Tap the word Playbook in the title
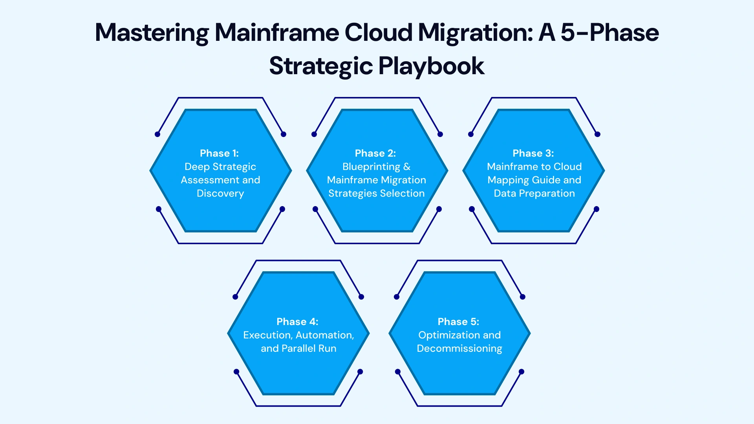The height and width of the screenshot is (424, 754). [431, 66]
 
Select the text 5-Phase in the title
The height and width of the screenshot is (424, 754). [610, 33]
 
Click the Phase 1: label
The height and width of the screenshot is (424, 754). [219, 153]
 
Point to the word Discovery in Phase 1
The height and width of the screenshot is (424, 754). [220, 194]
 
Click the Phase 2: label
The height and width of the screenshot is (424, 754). [375, 153]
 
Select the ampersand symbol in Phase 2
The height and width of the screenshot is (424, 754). [407, 167]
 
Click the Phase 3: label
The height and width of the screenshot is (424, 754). [533, 153]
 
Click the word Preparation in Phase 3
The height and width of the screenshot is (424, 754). [547, 194]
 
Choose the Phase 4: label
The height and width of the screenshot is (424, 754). [297, 322]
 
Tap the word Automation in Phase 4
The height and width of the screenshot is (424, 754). [325, 335]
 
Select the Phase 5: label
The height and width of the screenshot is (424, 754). [458, 322]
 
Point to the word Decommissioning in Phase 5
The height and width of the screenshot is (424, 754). [459, 349]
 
